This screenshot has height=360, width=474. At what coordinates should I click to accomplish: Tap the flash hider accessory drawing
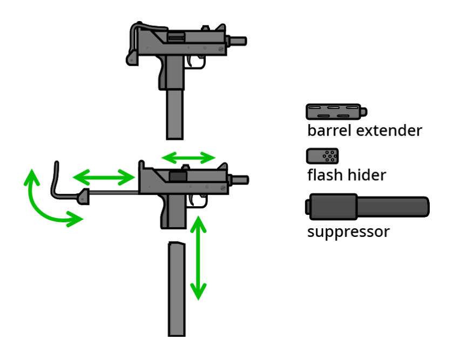pos(323,157)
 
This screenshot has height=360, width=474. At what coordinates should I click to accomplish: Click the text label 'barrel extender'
pos(364,131)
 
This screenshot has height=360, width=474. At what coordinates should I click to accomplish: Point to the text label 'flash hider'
pos(347,175)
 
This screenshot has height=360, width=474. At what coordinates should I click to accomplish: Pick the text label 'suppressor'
pos(348,232)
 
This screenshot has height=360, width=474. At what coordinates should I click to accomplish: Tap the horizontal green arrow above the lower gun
pos(189,158)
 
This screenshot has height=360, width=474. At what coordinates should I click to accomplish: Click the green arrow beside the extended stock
pos(104,176)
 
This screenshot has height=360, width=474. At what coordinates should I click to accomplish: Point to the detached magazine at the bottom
pos(177,289)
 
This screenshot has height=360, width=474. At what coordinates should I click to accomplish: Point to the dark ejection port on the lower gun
pos(177,175)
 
